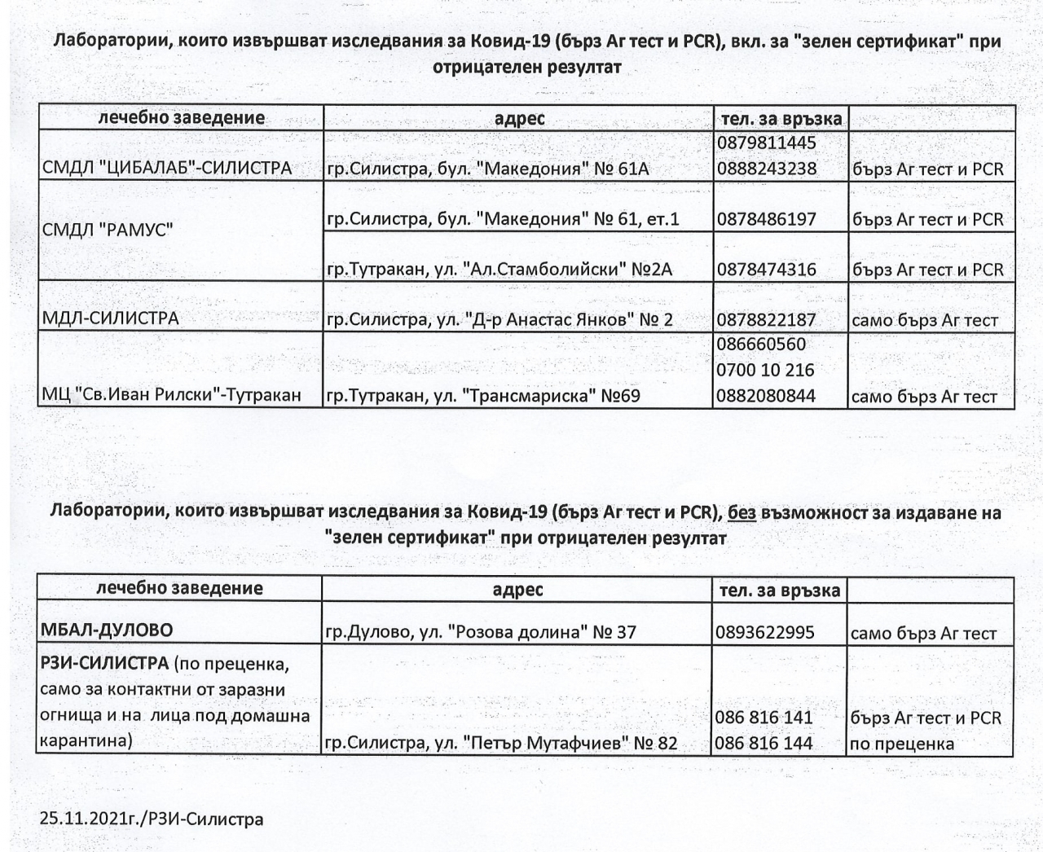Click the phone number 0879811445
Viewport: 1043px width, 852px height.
(x=766, y=143)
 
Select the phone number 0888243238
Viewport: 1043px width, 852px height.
(x=766, y=169)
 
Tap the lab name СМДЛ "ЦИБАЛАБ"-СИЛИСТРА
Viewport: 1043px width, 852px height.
(x=166, y=169)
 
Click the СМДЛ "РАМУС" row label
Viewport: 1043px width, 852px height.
(x=107, y=230)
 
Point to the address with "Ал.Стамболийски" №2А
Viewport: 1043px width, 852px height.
(x=499, y=270)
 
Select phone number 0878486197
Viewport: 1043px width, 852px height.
(x=766, y=219)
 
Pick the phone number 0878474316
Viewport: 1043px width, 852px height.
(x=766, y=270)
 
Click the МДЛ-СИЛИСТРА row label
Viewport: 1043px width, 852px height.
(x=110, y=318)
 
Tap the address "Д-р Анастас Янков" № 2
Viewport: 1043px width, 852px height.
(x=499, y=320)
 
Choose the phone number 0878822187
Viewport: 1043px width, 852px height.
(x=766, y=320)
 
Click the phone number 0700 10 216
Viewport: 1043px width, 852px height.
(x=765, y=371)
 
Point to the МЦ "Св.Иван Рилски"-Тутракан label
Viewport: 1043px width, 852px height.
(x=171, y=396)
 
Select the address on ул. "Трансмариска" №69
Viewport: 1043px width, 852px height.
(x=483, y=397)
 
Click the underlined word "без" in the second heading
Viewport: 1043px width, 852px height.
(x=742, y=512)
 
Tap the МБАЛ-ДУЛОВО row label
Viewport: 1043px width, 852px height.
(x=107, y=630)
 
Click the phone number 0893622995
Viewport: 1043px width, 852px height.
(x=765, y=632)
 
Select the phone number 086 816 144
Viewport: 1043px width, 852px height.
(x=764, y=743)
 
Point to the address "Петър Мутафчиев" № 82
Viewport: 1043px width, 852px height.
(x=501, y=743)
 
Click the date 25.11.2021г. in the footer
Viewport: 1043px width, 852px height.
(x=89, y=819)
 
